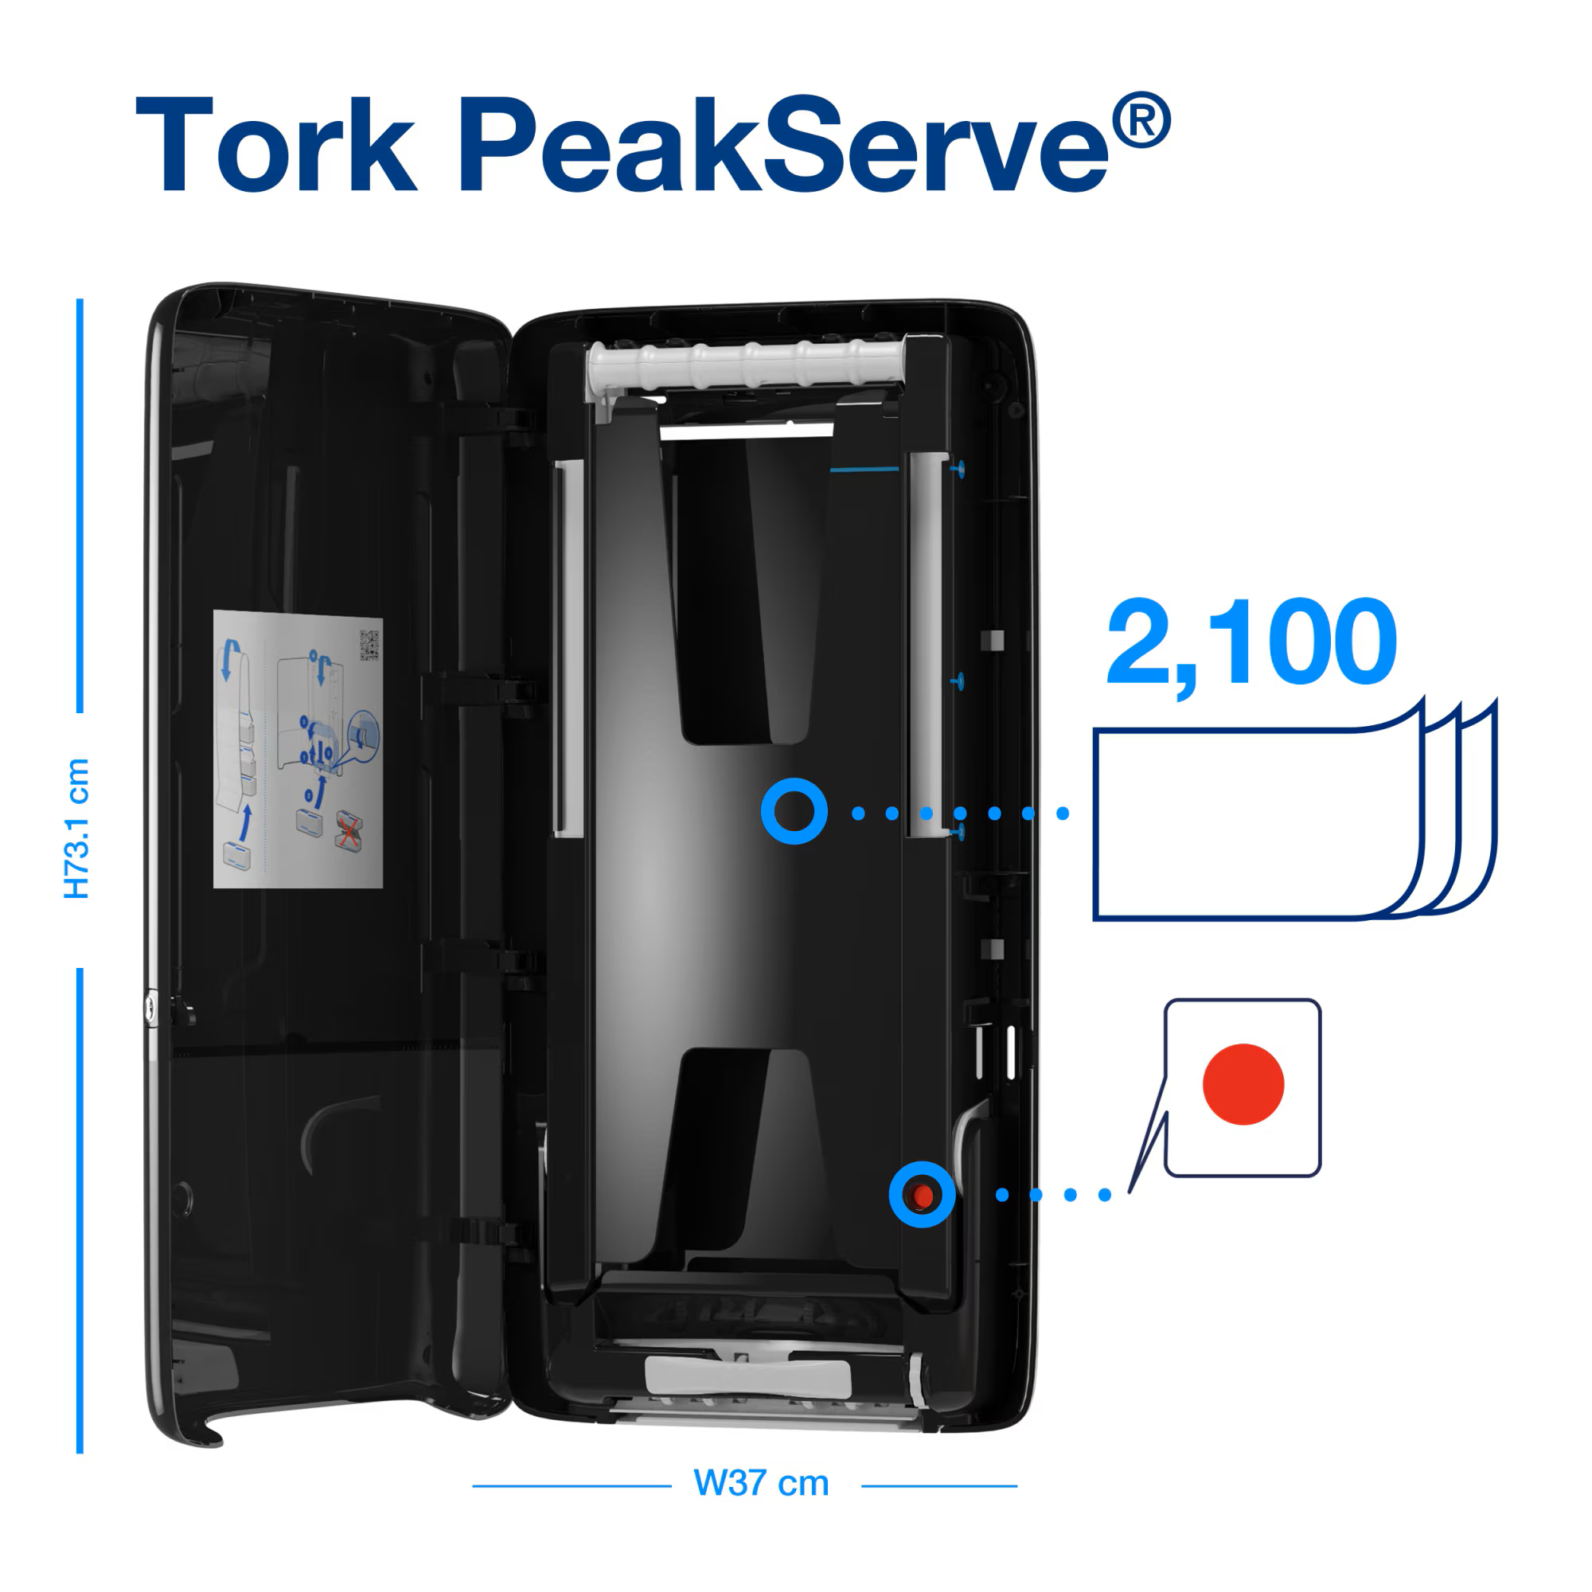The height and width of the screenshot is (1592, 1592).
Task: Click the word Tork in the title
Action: (x=275, y=146)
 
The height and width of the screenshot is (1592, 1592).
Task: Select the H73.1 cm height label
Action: (x=76, y=828)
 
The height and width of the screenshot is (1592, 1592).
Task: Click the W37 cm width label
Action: (x=760, y=1483)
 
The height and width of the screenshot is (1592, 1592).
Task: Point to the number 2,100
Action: (x=1251, y=643)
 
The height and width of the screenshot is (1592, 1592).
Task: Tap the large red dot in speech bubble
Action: (x=1243, y=1084)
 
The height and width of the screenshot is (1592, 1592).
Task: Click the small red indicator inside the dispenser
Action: (x=923, y=1195)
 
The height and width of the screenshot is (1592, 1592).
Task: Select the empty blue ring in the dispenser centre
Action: (x=794, y=812)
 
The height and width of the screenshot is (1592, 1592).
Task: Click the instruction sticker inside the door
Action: (x=298, y=749)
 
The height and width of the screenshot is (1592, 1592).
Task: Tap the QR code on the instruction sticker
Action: (x=369, y=646)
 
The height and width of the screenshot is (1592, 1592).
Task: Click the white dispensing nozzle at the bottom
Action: (x=747, y=1379)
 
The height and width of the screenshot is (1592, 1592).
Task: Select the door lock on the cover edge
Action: (x=150, y=1007)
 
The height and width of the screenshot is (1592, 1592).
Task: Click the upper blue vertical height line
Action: (x=80, y=505)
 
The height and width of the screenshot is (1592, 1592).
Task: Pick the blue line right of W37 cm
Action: (x=938, y=1486)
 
